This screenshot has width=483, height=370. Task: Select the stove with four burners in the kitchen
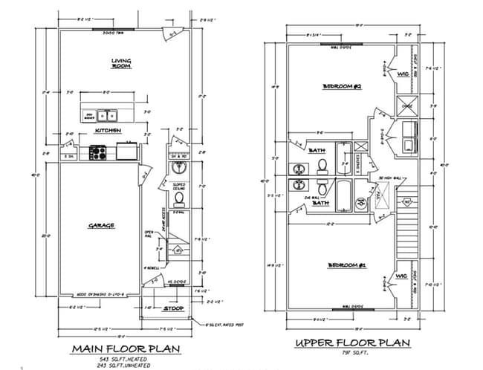pyautogui.click(x=97, y=152)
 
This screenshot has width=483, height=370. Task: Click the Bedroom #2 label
pyautogui.click(x=341, y=87)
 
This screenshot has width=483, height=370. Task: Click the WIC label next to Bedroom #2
pyautogui.click(x=402, y=74)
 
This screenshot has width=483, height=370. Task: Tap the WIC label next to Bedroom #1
pyautogui.click(x=402, y=276)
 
